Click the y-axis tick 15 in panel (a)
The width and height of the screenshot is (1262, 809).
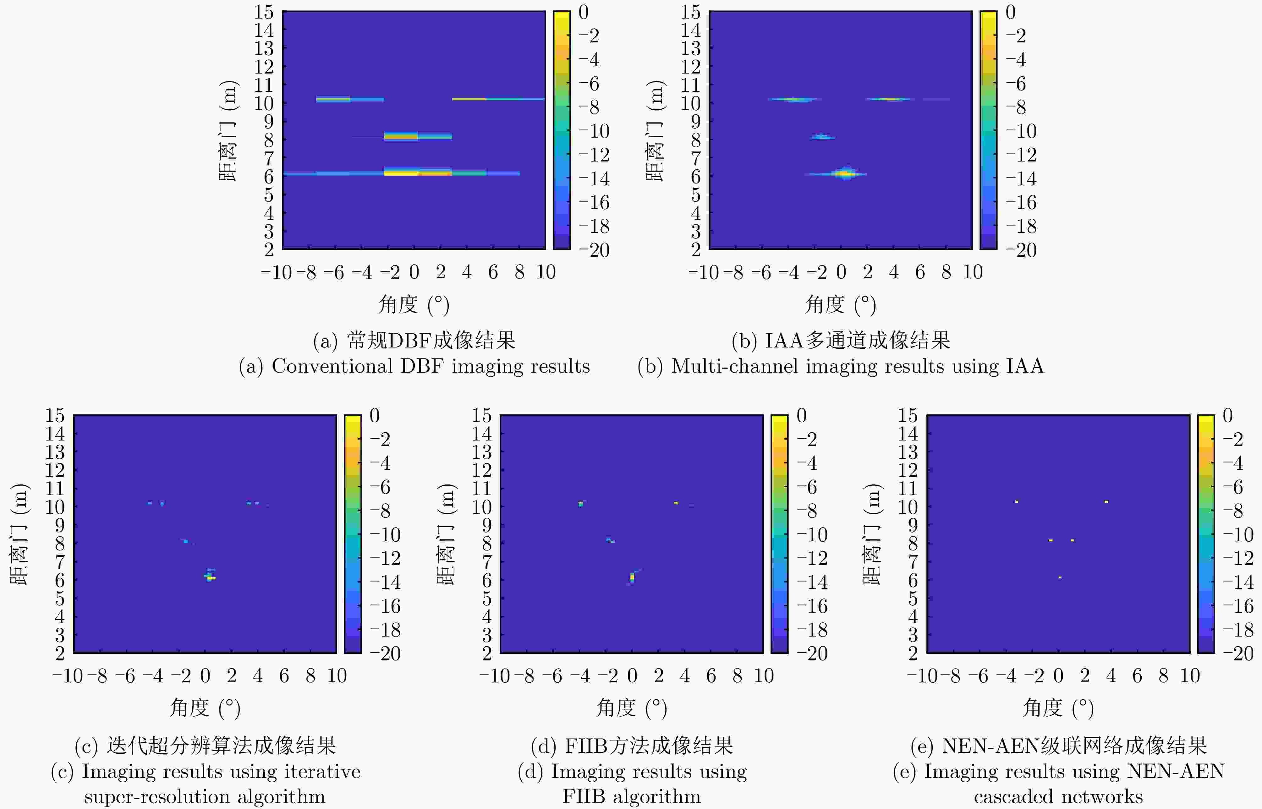coord(264,12)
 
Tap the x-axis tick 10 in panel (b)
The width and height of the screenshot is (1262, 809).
coord(973,272)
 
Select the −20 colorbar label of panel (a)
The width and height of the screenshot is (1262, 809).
coord(594,250)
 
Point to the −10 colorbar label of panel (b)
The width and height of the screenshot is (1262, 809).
coord(1021,131)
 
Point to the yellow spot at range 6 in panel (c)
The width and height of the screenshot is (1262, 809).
coord(210,578)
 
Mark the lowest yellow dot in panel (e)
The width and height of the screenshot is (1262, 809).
coord(1060,577)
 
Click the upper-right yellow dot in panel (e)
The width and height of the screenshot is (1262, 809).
coord(1106,502)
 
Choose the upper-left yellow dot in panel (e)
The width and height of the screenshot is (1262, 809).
coord(1017,502)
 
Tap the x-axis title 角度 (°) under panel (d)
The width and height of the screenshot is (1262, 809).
coord(632,708)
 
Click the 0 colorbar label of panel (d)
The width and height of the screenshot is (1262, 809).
coord(801,416)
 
